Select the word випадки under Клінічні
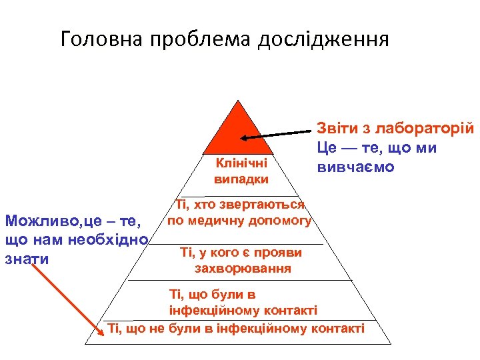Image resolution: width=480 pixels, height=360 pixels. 241,179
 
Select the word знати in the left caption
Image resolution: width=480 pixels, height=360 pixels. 27,258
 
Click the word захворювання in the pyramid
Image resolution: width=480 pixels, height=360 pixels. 243,269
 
